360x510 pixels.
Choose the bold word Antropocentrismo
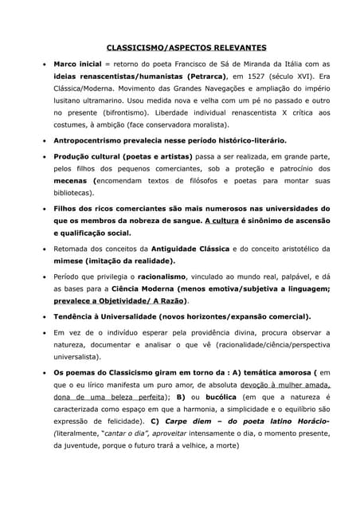pos(91,141)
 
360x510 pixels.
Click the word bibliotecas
pos(72,193)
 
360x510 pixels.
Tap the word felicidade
pos(116,421)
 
